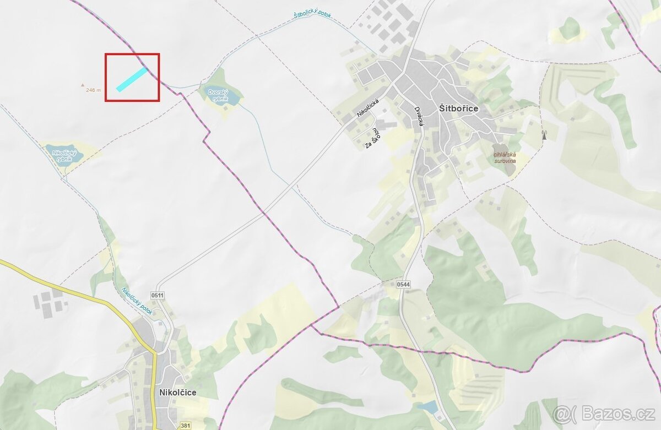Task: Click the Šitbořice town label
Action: click(459, 108)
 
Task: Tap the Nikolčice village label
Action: click(177, 393)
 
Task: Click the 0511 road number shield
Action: click(158, 296)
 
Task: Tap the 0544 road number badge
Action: click(403, 284)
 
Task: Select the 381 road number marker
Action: click(186, 426)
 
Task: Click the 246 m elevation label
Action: click(94, 90)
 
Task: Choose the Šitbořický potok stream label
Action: click(312, 14)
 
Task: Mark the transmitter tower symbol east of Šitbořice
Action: click(544, 135)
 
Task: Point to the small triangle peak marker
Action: click(83, 85)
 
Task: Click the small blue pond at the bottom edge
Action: click(427, 407)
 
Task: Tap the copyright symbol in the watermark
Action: click(562, 413)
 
